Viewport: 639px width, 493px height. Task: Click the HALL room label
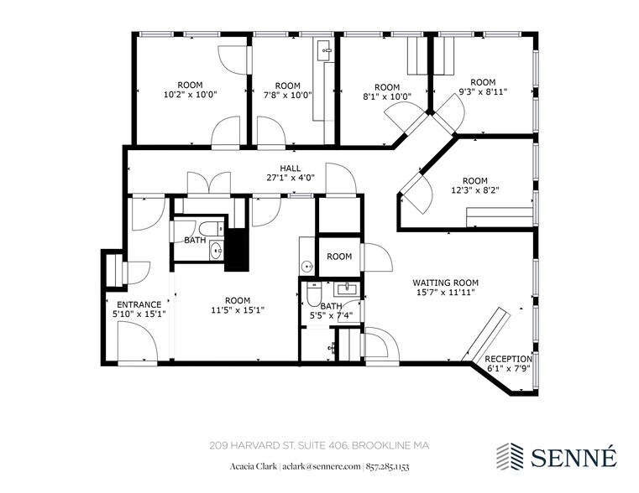291,168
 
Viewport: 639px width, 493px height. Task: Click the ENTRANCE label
139,304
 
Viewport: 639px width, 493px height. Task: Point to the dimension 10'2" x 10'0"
189,95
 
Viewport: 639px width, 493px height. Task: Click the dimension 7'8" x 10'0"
287,96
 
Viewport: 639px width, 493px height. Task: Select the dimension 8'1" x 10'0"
386,97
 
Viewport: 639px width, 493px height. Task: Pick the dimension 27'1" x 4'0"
291,178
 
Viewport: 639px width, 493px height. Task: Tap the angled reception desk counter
485,335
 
